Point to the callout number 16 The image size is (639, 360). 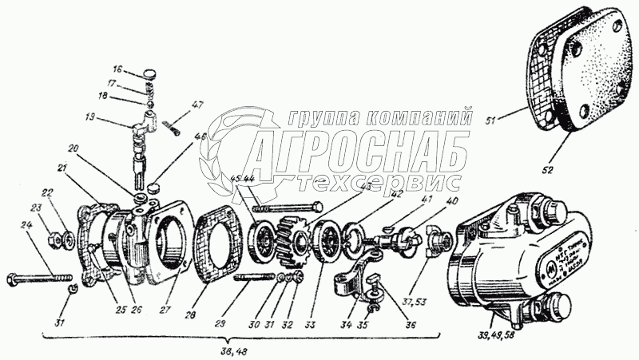point(117,69)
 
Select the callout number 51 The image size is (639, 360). point(494,121)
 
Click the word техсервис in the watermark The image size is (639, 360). point(375,180)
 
